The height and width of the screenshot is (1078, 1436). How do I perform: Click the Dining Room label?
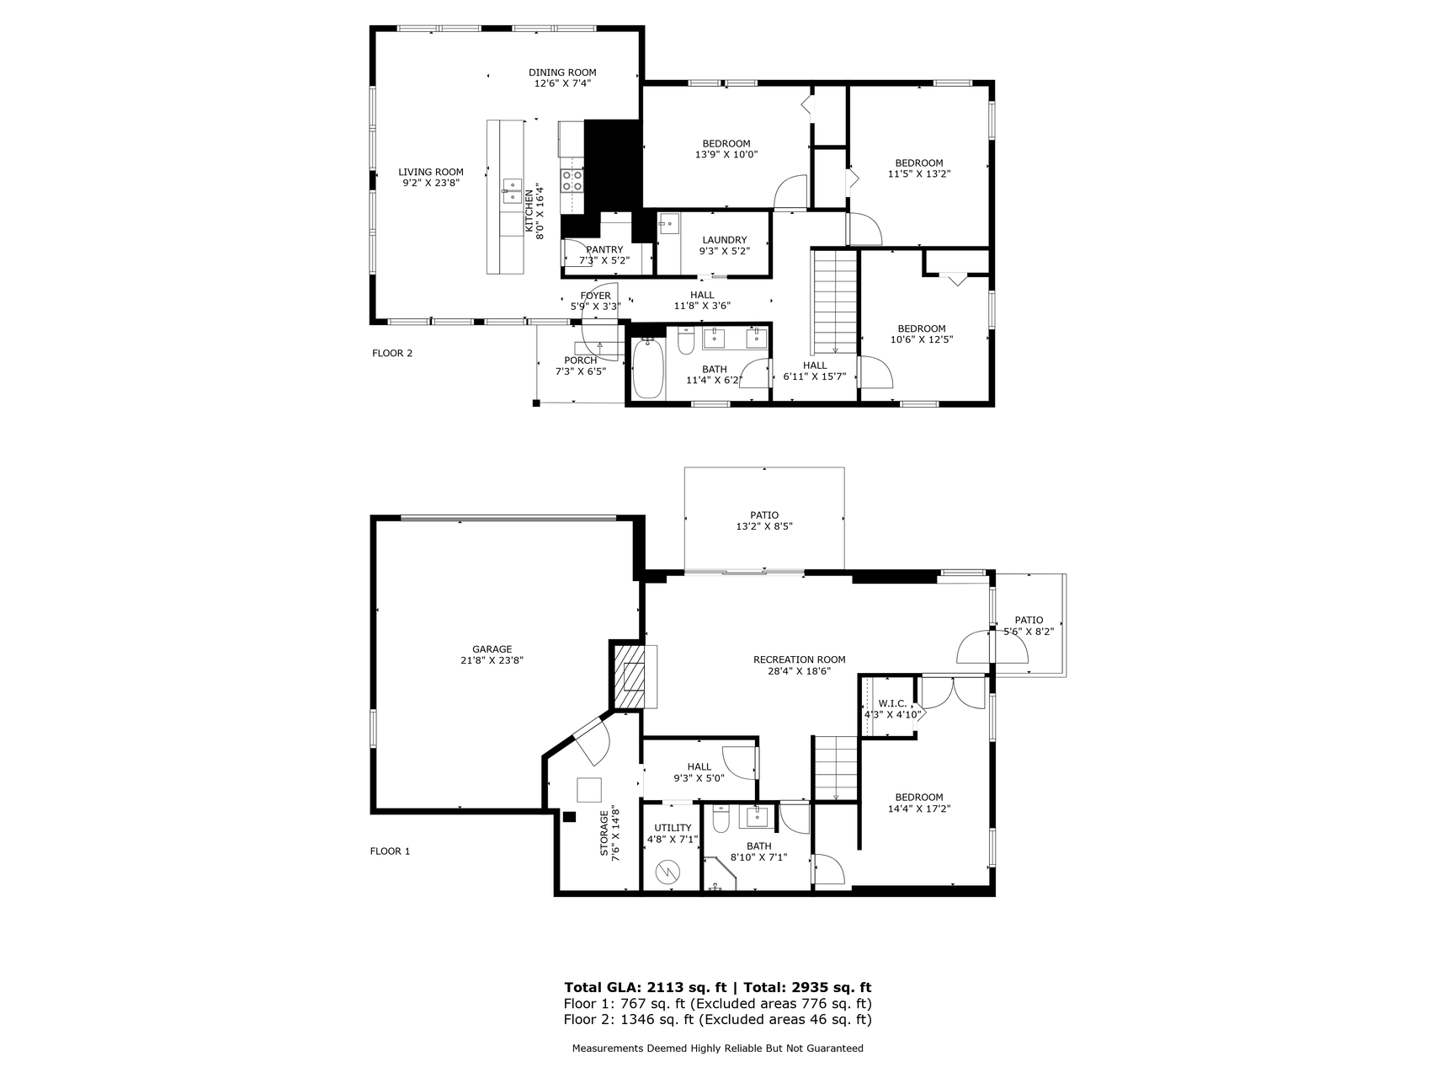[x=562, y=77]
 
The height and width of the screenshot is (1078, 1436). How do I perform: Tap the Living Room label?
[x=431, y=177]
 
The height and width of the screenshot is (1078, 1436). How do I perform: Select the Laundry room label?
[x=724, y=245]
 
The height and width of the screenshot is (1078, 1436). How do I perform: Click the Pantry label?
[x=604, y=255]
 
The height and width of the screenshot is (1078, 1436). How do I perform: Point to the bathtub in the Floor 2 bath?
[x=648, y=369]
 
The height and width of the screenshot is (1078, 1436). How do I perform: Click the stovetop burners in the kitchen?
[x=572, y=180]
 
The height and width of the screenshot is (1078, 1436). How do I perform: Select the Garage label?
[x=492, y=654]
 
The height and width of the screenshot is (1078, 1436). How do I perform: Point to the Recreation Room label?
[x=800, y=665]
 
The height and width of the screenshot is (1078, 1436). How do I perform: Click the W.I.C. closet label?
[x=893, y=709]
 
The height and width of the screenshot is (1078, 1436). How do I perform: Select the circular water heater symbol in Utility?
[x=667, y=872]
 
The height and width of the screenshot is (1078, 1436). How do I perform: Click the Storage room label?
[x=609, y=833]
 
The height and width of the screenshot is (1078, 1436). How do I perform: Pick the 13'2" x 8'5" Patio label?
[x=764, y=520]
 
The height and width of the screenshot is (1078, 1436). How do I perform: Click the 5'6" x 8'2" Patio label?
[x=1029, y=625]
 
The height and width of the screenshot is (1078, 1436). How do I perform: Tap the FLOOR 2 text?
[x=392, y=353]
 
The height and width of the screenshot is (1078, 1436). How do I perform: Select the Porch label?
[x=581, y=366]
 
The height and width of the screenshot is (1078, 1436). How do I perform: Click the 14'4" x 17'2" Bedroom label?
[x=919, y=803]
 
